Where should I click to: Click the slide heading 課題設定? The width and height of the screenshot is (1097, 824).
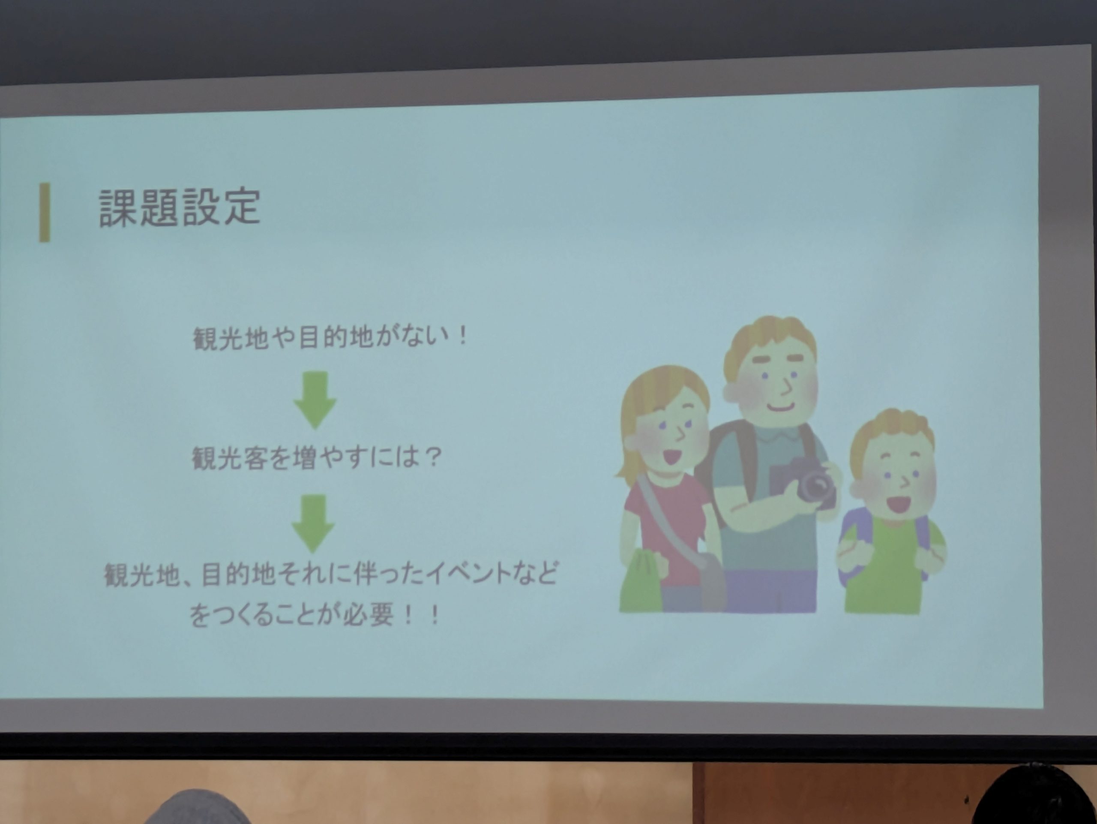[180, 208]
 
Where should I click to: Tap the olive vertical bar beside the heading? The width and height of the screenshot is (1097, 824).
[45, 212]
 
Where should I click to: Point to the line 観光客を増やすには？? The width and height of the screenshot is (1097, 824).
[316, 458]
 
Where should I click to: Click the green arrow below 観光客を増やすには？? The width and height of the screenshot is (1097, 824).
[313, 523]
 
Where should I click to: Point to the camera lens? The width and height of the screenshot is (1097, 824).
[815, 486]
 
